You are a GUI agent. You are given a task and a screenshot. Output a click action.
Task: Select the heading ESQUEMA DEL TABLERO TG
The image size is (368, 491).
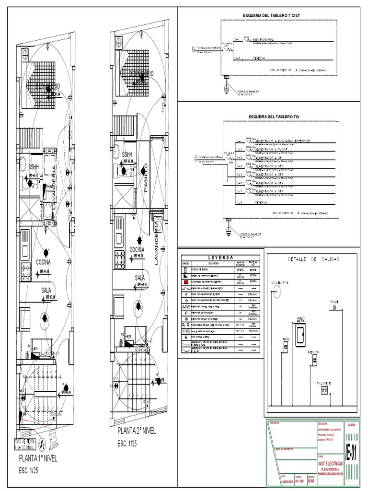[274, 117]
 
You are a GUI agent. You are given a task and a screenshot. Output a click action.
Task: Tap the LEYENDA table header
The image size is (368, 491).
[221, 257]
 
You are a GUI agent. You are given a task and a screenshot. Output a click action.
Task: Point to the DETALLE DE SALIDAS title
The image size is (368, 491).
[313, 259]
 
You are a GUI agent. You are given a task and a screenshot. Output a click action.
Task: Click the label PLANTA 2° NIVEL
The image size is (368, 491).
[137, 432]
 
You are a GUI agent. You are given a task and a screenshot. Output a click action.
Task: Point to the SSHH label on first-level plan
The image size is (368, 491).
[33, 167]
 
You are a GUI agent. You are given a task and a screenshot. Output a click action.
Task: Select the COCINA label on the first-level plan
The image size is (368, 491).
[43, 262]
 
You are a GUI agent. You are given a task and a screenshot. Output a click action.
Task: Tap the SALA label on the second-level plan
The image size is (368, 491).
[140, 278]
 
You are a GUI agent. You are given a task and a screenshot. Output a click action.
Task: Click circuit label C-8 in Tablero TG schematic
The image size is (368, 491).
[238, 203]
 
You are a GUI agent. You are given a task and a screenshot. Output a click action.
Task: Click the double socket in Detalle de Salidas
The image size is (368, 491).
[324, 391]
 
